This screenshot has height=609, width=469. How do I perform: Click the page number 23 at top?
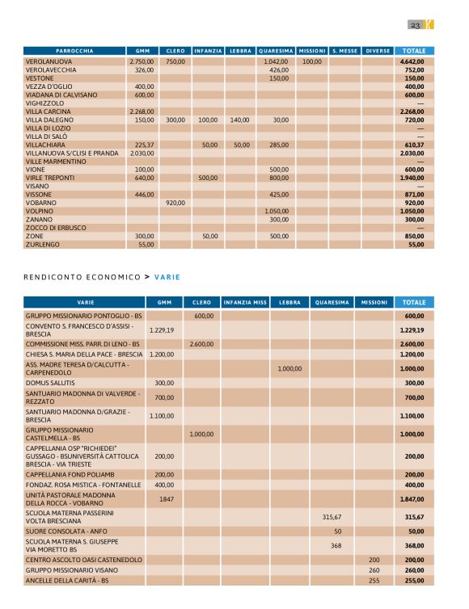[x=415, y=26]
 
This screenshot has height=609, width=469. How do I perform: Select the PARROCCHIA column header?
[x=74, y=51]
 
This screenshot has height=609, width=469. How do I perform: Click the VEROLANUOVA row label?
[x=51, y=61]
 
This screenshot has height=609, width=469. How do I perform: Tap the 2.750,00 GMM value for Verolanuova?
[x=142, y=61]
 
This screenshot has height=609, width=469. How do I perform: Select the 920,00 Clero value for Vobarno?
[x=175, y=203]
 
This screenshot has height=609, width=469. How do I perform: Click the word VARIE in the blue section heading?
[x=167, y=277]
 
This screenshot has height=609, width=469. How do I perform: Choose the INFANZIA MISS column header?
[x=245, y=302]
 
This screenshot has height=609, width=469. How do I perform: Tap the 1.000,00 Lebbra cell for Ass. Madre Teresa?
[x=289, y=368]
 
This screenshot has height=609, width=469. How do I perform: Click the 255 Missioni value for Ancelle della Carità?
[x=374, y=580]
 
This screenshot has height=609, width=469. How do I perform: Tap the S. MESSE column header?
[x=344, y=51]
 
